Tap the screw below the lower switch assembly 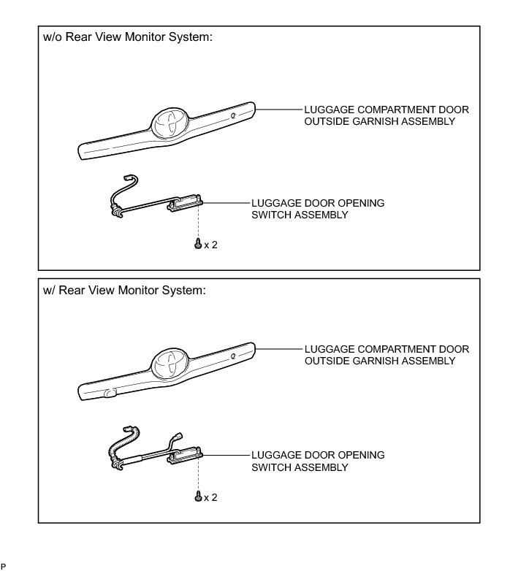click(197, 497)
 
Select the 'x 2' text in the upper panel click(210, 245)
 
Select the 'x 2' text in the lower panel click(210, 497)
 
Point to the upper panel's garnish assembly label click(386, 115)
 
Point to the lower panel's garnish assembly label click(386, 355)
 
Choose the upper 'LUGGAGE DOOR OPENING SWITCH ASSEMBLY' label click(317, 209)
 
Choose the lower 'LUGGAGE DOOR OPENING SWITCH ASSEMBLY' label click(317, 461)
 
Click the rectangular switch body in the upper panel click(185, 204)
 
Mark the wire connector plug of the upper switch click(132, 178)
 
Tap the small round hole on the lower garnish click(232, 356)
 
